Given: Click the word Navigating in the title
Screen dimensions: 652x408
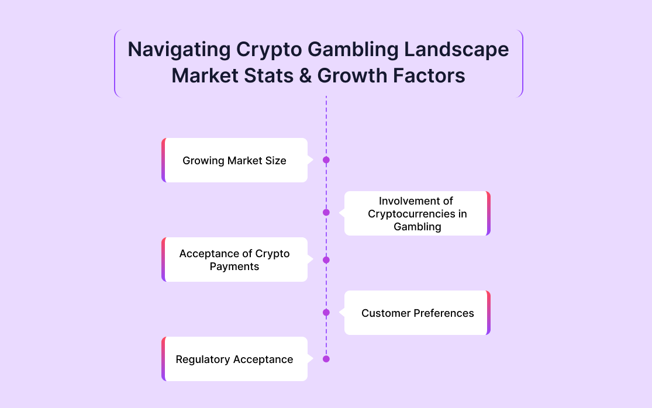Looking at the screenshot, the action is tap(179, 50).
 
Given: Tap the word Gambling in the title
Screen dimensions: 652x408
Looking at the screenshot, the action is tap(353, 50).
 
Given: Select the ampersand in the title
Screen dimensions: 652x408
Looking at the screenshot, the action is tap(305, 75).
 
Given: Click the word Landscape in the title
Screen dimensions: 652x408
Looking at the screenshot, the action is tap(457, 50).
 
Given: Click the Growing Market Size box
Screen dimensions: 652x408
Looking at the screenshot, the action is tap(234, 160).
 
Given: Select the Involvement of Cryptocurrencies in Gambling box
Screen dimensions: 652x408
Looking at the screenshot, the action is tap(418, 213).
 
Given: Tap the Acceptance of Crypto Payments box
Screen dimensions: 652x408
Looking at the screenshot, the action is tap(234, 260).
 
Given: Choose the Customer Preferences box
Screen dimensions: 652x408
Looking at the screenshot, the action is tap(418, 313).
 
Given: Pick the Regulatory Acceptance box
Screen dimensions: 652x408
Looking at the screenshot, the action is tap(234, 358).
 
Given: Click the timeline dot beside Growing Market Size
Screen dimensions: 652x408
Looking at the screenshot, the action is tap(326, 160).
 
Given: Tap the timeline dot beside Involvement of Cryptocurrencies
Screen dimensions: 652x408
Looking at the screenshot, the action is tap(326, 212).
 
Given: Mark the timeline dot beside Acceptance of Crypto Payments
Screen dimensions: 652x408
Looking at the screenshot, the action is tap(326, 260).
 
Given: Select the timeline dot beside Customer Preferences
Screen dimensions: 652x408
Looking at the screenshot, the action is tap(326, 313).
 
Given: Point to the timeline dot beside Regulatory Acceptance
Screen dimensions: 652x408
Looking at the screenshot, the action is tap(326, 359).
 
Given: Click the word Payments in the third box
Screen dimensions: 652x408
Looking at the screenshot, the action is tap(234, 267).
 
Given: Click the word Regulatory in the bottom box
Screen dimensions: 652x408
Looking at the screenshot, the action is tap(200, 359).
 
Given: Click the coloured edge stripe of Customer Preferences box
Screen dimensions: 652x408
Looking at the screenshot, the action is tap(489, 313).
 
